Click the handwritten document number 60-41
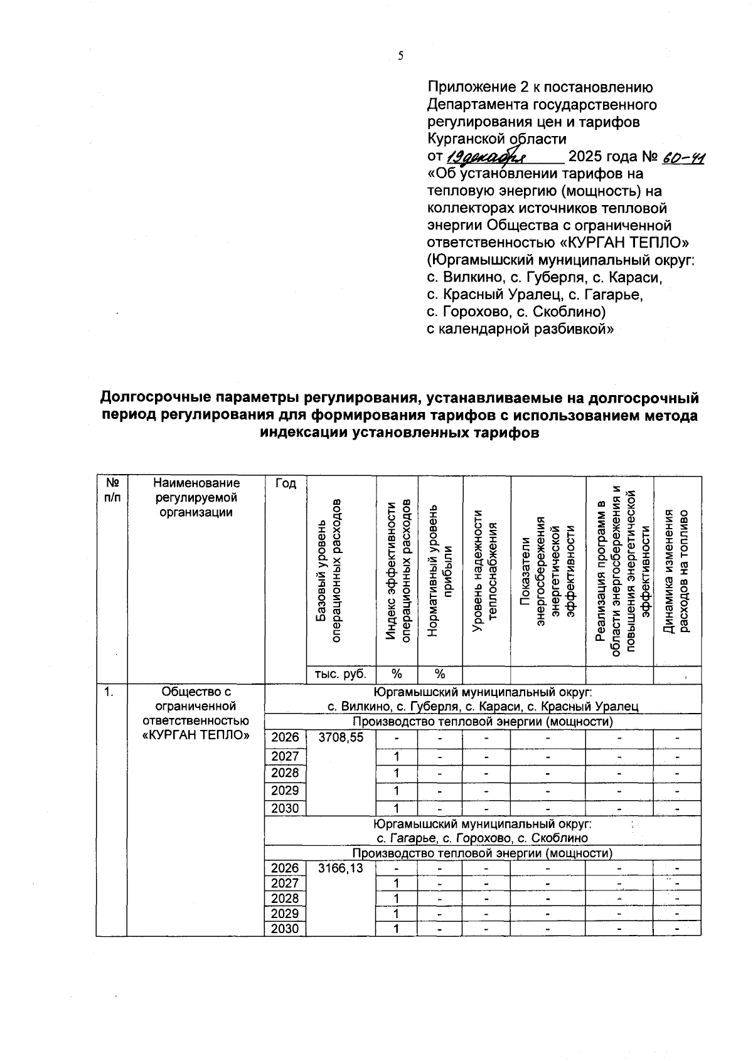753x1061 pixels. pyautogui.click(x=684, y=156)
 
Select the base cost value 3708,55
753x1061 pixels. pyautogui.click(x=341, y=737)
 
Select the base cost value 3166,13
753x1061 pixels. pyautogui.click(x=341, y=868)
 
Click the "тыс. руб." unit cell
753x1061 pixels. pyautogui.click(x=341, y=674)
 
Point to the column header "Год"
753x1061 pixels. pyautogui.click(x=285, y=483)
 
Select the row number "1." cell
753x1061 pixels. pyautogui.click(x=109, y=692)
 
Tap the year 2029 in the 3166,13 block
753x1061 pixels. pyautogui.click(x=285, y=913)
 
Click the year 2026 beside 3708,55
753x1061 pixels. pyautogui.click(x=285, y=737)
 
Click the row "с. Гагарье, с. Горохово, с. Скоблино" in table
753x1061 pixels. pyautogui.click(x=482, y=838)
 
